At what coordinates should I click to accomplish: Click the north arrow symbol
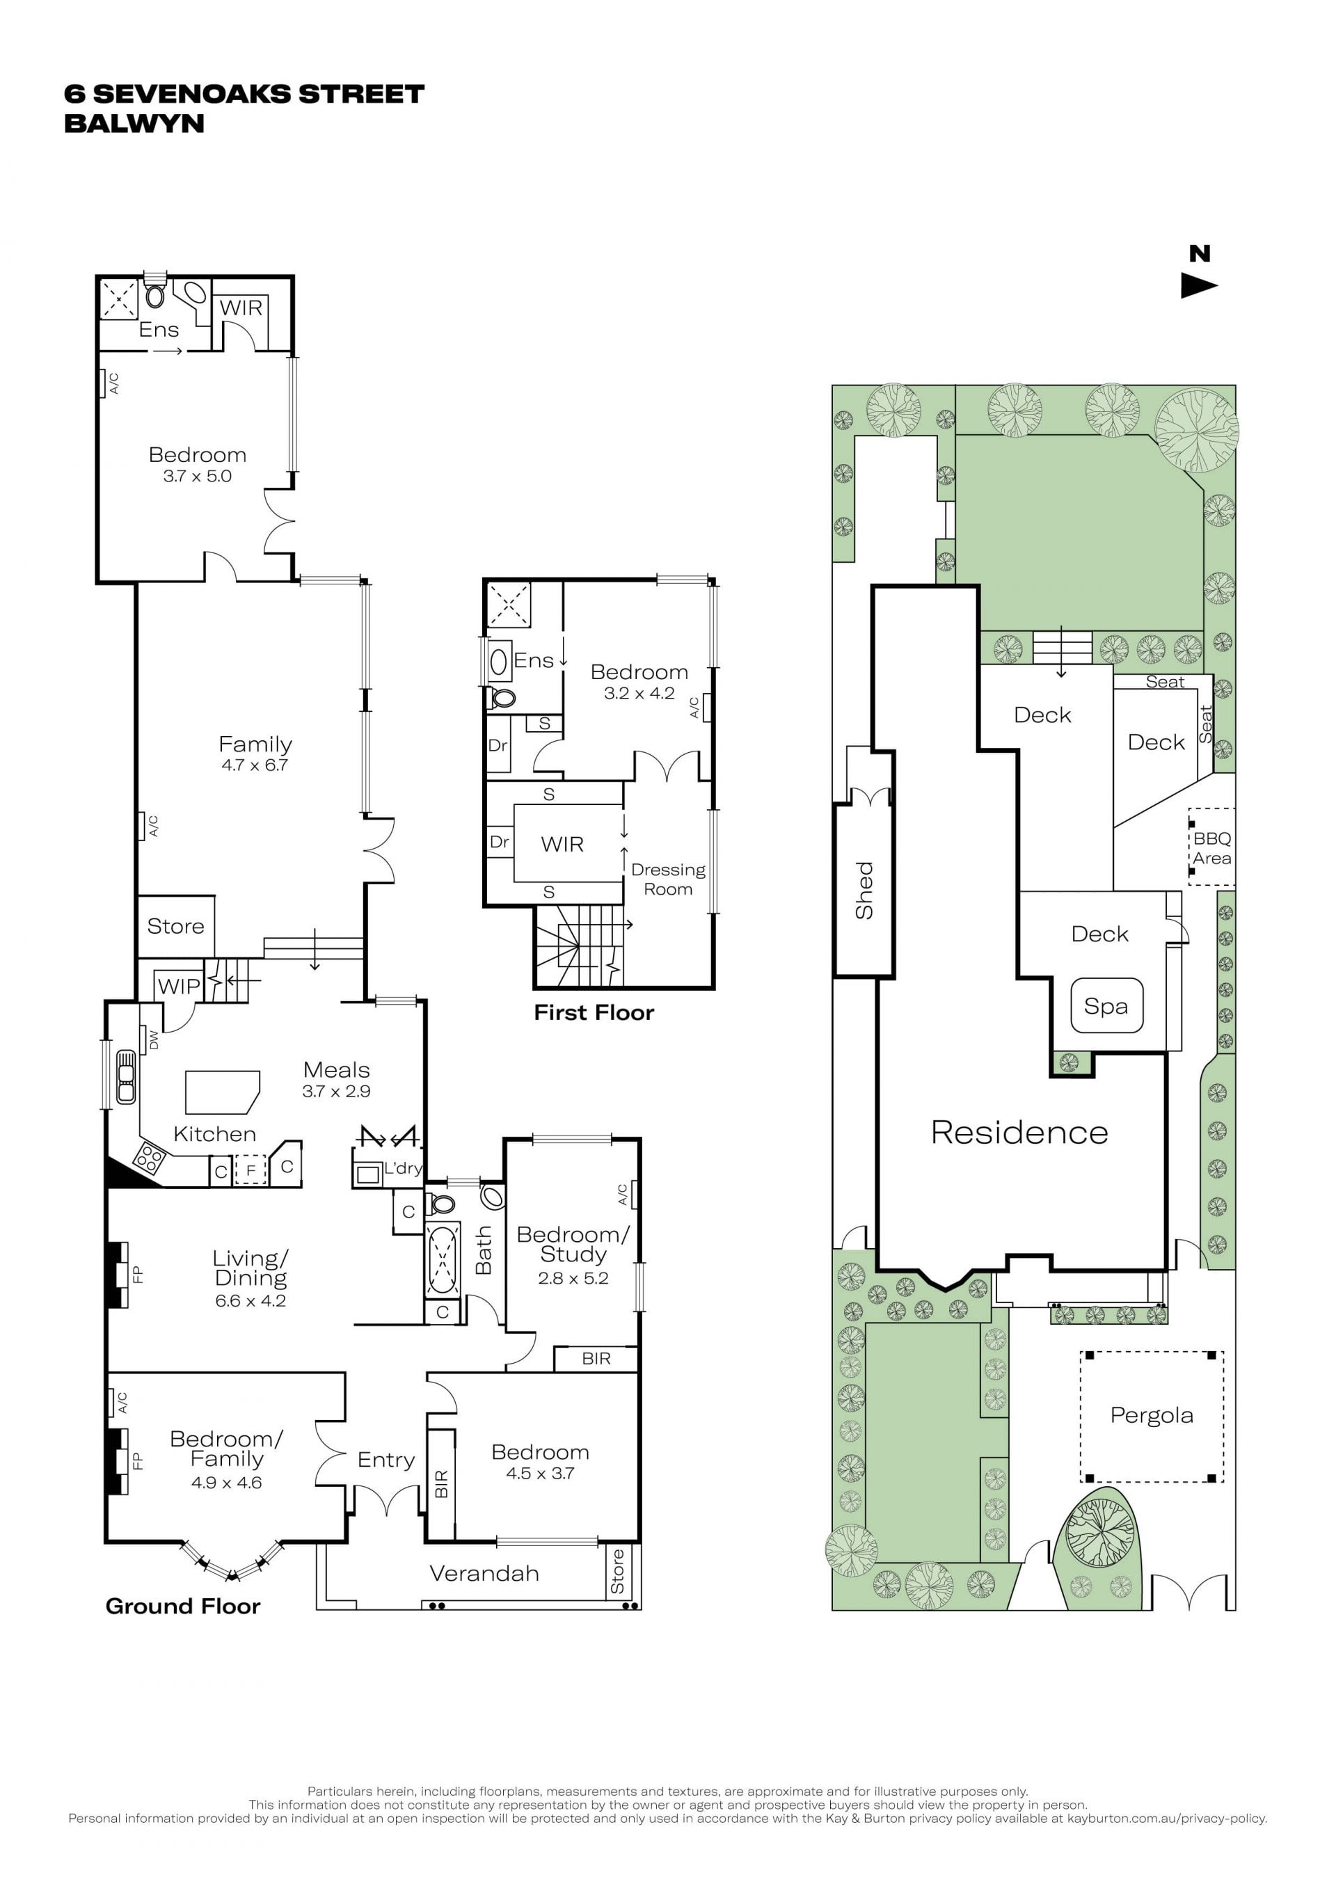1198,285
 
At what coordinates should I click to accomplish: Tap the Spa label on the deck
1106,1005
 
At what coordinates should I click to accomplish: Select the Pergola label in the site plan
1151,1415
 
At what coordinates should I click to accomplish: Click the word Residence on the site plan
1019,1132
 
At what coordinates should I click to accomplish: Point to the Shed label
864,890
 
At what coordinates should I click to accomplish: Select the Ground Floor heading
182,1606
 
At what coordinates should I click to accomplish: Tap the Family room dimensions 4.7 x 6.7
254,765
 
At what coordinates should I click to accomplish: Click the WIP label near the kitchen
179,986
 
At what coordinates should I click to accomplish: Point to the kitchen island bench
222,1092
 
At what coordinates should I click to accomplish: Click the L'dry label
403,1167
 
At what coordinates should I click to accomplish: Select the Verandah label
484,1573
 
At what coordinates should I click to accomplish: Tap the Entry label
385,1460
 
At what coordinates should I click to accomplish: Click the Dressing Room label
668,879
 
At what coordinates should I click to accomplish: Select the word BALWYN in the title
134,123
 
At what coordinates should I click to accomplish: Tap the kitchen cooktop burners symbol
149,1157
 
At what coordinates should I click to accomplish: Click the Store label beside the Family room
175,925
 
